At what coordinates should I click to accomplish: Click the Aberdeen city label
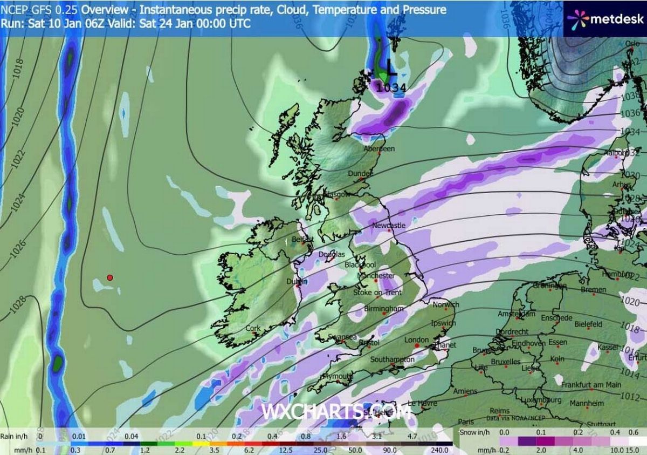point(379,148)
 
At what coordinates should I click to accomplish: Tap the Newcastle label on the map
point(389,225)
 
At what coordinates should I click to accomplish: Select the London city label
point(416,340)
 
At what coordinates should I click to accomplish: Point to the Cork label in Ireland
point(252,328)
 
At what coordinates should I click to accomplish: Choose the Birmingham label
point(384,309)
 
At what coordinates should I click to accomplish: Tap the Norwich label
point(445,305)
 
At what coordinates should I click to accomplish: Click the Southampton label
point(393,359)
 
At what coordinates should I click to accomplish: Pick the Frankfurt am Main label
point(591,385)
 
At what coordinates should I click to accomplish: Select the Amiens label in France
point(465,391)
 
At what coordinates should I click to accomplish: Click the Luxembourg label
point(540,400)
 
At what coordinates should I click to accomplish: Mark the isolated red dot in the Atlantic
point(109,277)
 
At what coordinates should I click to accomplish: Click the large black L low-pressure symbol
point(391,67)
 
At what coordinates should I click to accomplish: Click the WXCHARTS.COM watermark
point(337,412)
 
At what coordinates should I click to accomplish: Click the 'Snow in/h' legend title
point(474,433)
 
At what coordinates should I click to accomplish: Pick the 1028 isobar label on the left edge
point(18,304)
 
